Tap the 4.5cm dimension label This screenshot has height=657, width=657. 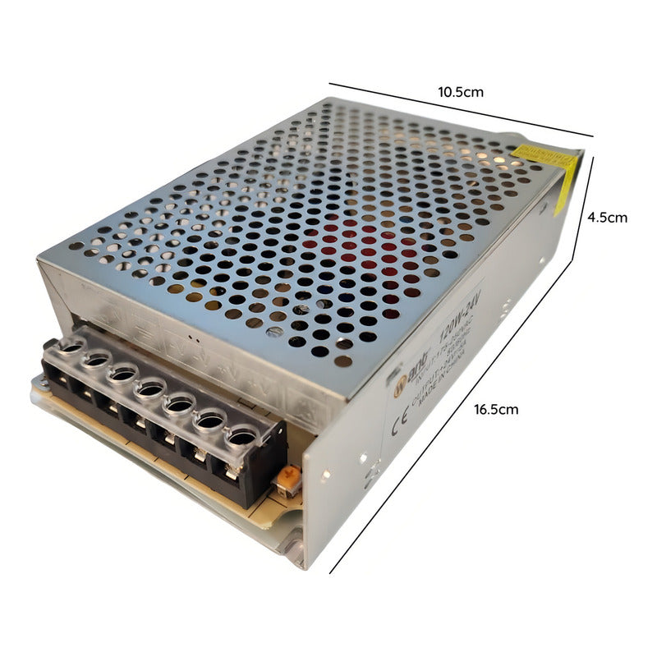tap(607, 218)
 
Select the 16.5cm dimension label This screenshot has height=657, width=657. tap(495, 409)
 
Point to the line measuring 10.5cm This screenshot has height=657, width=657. tap(460, 110)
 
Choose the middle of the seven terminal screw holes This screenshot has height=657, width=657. tap(150, 389)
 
